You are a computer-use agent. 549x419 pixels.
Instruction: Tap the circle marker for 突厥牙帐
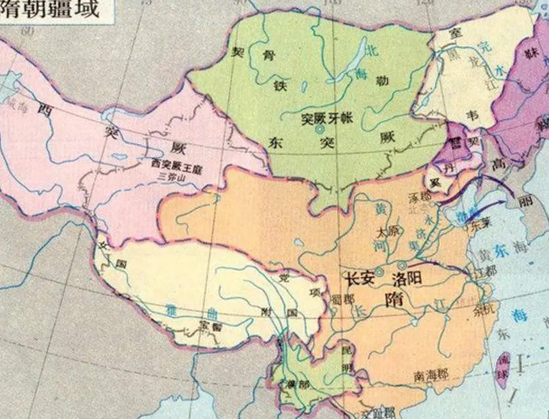tap(320, 131)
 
